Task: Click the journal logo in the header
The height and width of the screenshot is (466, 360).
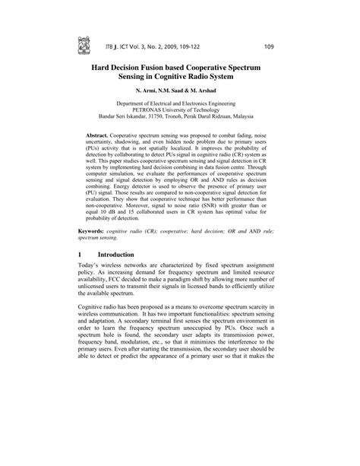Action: coord(84,46)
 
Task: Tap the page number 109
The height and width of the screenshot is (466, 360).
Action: coord(269,48)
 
